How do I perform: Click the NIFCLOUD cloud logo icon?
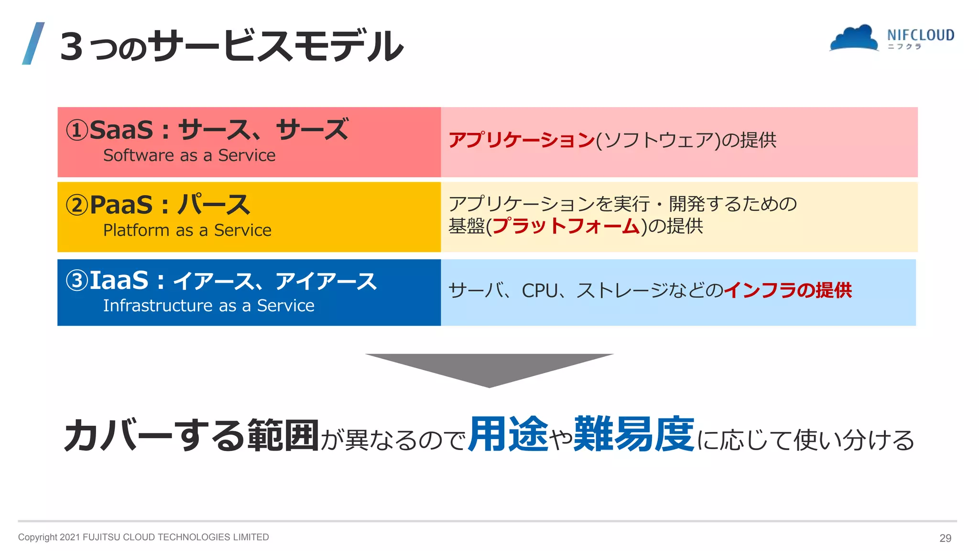854,38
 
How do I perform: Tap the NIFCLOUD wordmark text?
920,35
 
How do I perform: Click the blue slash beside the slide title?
33,43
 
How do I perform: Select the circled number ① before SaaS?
77,130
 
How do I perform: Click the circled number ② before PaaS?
77,205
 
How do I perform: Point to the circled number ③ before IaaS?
77,280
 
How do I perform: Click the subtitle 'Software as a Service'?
189,155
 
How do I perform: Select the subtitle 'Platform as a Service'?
187,231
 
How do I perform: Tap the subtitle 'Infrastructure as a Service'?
209,306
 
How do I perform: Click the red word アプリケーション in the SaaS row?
522,140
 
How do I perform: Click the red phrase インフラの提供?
788,290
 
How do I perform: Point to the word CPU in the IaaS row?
539,290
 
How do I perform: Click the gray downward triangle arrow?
489,368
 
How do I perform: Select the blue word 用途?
508,434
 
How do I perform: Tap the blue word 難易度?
634,434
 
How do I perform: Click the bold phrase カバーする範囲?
191,435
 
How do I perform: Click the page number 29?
945,538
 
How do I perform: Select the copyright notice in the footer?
143,537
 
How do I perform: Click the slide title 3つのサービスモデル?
232,46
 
